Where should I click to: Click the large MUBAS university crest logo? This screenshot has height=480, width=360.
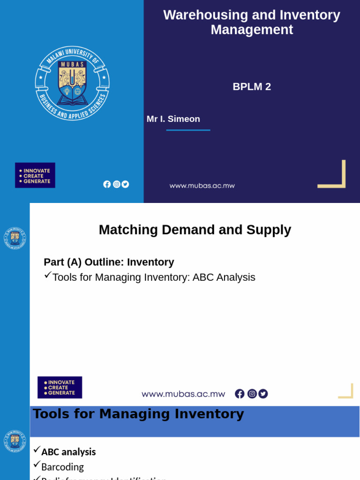(72, 83)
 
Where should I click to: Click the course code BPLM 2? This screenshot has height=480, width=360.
(252, 87)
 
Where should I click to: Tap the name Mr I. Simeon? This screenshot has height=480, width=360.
(173, 119)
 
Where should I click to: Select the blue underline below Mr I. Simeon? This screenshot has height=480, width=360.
(188, 130)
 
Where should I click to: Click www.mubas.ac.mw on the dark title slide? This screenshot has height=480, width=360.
(202, 186)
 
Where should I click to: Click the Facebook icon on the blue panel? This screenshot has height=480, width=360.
(107, 184)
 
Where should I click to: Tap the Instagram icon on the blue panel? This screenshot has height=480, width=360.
(116, 184)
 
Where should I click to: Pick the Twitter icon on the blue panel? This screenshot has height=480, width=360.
(125, 184)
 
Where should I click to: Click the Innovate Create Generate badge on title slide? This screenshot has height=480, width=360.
(35, 175)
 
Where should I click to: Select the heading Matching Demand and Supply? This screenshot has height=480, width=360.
(195, 230)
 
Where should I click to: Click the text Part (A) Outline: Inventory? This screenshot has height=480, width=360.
(109, 262)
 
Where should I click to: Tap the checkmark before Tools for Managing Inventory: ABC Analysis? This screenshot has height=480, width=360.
(47, 275)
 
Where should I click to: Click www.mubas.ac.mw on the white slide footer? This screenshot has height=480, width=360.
(183, 394)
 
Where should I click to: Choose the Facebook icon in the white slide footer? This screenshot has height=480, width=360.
(240, 394)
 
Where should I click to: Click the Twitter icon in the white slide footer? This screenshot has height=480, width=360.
(263, 394)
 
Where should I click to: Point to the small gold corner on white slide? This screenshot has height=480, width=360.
(346, 391)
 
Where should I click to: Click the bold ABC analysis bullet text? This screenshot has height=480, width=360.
(68, 452)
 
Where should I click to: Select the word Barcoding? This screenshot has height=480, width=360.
(62, 467)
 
